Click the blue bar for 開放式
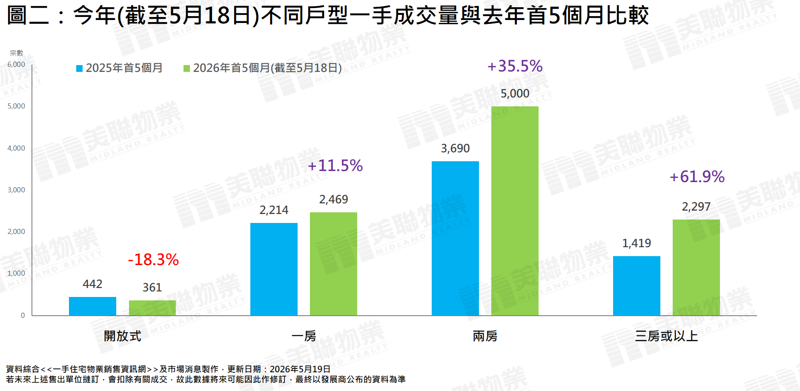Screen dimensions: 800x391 pos(92,306)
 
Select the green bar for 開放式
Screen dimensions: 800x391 pos(152,308)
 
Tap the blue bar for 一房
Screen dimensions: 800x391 pos(274,269)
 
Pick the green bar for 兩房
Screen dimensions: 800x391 pos(515,211)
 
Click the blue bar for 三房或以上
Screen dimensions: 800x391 pos(637,286)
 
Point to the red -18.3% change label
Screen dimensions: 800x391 pos(153,260)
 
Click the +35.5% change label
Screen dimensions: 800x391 pos(515,66)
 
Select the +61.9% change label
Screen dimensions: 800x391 pos(697,177)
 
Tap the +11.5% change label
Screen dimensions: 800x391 pos(335,166)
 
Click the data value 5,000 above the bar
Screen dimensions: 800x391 pos(515,94)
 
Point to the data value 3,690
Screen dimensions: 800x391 pos(455,148)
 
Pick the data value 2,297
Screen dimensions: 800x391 pos(696,207)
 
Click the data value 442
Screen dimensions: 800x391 pos(92,284)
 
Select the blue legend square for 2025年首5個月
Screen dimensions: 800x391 pos(79,68)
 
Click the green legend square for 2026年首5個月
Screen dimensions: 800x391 pos(186,68)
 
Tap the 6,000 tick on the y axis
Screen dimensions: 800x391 pos(16,64)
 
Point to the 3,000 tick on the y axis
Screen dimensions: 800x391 pos(16,190)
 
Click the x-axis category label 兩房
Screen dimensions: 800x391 pos(485,336)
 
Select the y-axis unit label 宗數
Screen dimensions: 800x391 pos(17,53)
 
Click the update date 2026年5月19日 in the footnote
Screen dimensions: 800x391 pos(300,369)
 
